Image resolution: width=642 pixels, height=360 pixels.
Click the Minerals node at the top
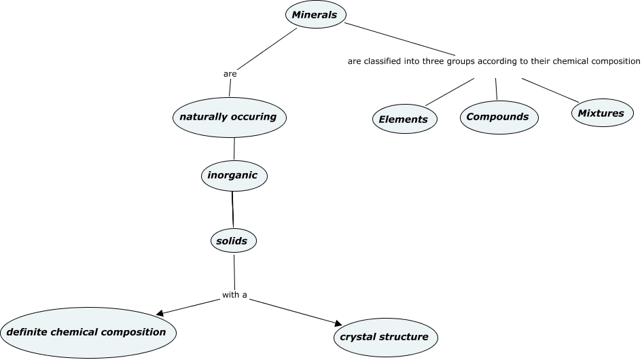[x=315, y=15]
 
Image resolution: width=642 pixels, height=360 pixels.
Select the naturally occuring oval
[x=228, y=117]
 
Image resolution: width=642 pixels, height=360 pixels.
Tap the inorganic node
[x=233, y=175]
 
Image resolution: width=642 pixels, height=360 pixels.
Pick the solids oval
[x=232, y=240]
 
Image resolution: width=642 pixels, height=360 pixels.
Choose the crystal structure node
[x=385, y=337]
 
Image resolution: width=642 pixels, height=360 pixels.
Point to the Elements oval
[x=404, y=120]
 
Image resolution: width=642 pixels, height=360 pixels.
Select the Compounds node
[x=498, y=117]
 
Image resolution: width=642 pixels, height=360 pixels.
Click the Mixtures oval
[x=601, y=113]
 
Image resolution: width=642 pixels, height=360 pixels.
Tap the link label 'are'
[x=230, y=73]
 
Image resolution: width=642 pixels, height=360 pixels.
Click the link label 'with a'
[x=234, y=295]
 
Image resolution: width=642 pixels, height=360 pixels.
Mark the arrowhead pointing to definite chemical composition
[x=160, y=313]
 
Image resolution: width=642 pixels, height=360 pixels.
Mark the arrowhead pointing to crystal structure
[x=336, y=323]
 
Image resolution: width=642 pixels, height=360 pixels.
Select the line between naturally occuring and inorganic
[x=234, y=149]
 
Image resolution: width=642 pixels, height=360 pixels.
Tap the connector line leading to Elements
[x=449, y=92]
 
